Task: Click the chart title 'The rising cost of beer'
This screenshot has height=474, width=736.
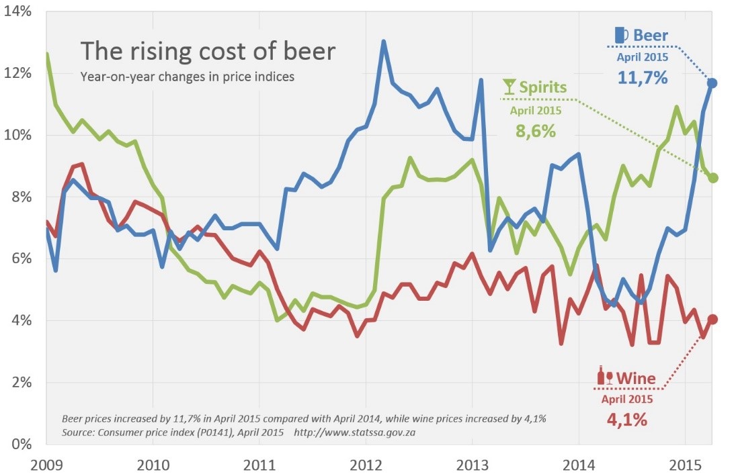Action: click(x=208, y=52)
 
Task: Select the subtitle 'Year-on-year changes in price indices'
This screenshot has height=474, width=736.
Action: click(x=187, y=77)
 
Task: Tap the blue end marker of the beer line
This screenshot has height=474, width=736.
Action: click(x=712, y=83)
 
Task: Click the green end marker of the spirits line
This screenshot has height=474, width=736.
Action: click(x=713, y=178)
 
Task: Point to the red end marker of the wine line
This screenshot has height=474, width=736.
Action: click(x=712, y=320)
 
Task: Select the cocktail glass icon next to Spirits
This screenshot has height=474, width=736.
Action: click(x=509, y=87)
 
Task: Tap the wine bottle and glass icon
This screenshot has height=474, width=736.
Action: click(x=605, y=376)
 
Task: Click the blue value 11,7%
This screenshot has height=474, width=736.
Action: click(x=643, y=78)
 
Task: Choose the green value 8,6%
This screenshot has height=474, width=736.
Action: click(x=535, y=131)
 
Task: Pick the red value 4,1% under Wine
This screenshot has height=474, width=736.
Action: click(x=626, y=421)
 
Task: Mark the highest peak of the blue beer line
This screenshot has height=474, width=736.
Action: click(x=383, y=42)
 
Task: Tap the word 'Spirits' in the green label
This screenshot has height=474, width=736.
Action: click(x=543, y=88)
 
